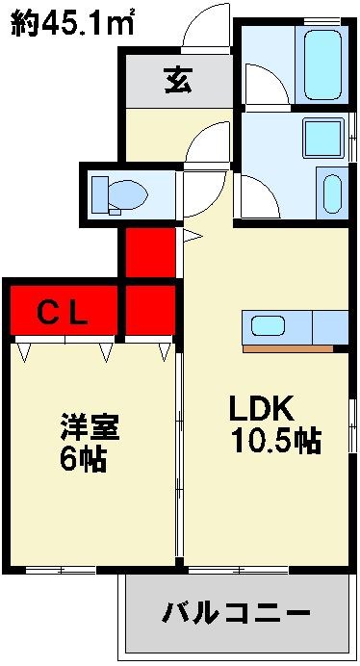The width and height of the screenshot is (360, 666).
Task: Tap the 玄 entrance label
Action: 176,81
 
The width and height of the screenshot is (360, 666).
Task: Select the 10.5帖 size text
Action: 275,441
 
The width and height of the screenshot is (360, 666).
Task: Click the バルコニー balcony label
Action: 236,612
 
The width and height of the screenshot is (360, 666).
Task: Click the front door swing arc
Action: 207,21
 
